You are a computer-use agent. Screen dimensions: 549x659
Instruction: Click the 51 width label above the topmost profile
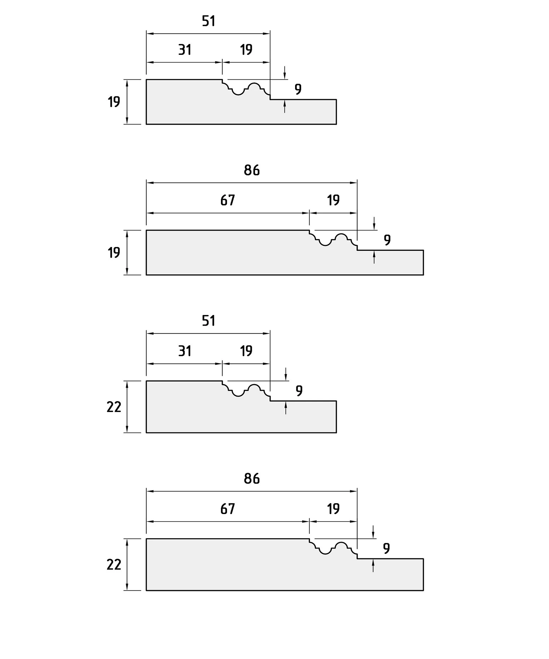pyautogui.click(x=209, y=21)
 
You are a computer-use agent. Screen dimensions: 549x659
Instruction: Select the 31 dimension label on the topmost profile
pyautogui.click(x=185, y=50)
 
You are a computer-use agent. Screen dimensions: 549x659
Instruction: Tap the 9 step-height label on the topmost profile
pyautogui.click(x=298, y=89)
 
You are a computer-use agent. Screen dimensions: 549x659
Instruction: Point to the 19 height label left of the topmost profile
pyautogui.click(x=114, y=102)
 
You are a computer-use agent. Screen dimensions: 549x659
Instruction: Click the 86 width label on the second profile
pyautogui.click(x=252, y=170)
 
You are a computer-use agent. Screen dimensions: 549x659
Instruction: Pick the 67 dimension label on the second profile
pyautogui.click(x=227, y=201)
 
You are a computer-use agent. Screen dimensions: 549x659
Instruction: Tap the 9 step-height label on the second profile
pyautogui.click(x=387, y=240)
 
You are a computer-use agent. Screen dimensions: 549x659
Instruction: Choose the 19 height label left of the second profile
pyautogui.click(x=114, y=253)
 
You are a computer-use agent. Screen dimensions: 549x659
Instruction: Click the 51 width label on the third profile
pyautogui.click(x=209, y=321)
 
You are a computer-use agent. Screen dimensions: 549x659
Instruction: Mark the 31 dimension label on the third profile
pyautogui.click(x=185, y=351)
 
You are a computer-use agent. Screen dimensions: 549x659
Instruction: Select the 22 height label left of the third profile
pyautogui.click(x=114, y=407)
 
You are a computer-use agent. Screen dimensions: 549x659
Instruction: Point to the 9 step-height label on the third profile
pyautogui.click(x=299, y=391)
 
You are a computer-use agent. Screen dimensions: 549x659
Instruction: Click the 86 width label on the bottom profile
pyautogui.click(x=252, y=479)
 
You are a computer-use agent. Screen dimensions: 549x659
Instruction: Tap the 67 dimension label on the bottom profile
pyautogui.click(x=227, y=509)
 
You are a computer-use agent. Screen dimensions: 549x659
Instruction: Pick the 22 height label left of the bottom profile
pyautogui.click(x=114, y=565)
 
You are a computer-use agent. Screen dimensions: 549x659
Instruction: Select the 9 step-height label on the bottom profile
pyautogui.click(x=386, y=548)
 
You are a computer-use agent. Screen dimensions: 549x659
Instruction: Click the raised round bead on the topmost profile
pyautogui.click(x=254, y=84)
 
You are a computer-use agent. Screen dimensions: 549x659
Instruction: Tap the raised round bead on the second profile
pyautogui.click(x=341, y=235)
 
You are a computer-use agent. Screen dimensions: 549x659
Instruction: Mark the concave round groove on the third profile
pyautogui.click(x=238, y=395)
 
